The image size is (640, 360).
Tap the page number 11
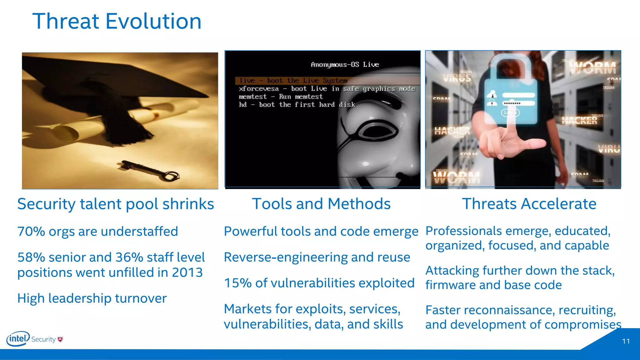pos(626,341)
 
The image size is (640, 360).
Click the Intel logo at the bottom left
pos(18,339)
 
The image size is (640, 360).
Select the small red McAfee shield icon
pos(60,339)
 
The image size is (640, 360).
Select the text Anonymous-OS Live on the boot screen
pos(345,65)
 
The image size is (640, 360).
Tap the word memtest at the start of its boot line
pos(252,97)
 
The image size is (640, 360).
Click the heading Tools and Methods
pos(321,204)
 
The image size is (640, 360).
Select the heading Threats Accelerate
pos(529,204)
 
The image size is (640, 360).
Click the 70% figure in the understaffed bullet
pos(31,232)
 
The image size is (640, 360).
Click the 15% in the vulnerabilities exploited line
pos(237,283)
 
